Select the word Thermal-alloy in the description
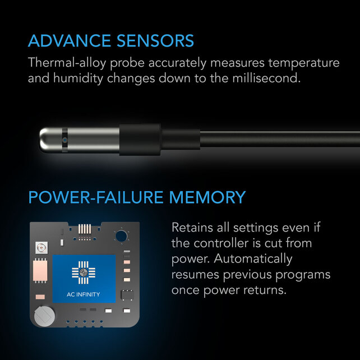pyautogui.click(x=62, y=63)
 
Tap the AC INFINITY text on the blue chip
pyautogui.click(x=83, y=294)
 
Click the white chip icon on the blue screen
pyautogui.click(x=83, y=272)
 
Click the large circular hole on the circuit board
pyautogui.click(x=119, y=236)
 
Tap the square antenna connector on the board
pyautogui.click(x=39, y=247)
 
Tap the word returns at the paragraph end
pyautogui.click(x=270, y=290)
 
